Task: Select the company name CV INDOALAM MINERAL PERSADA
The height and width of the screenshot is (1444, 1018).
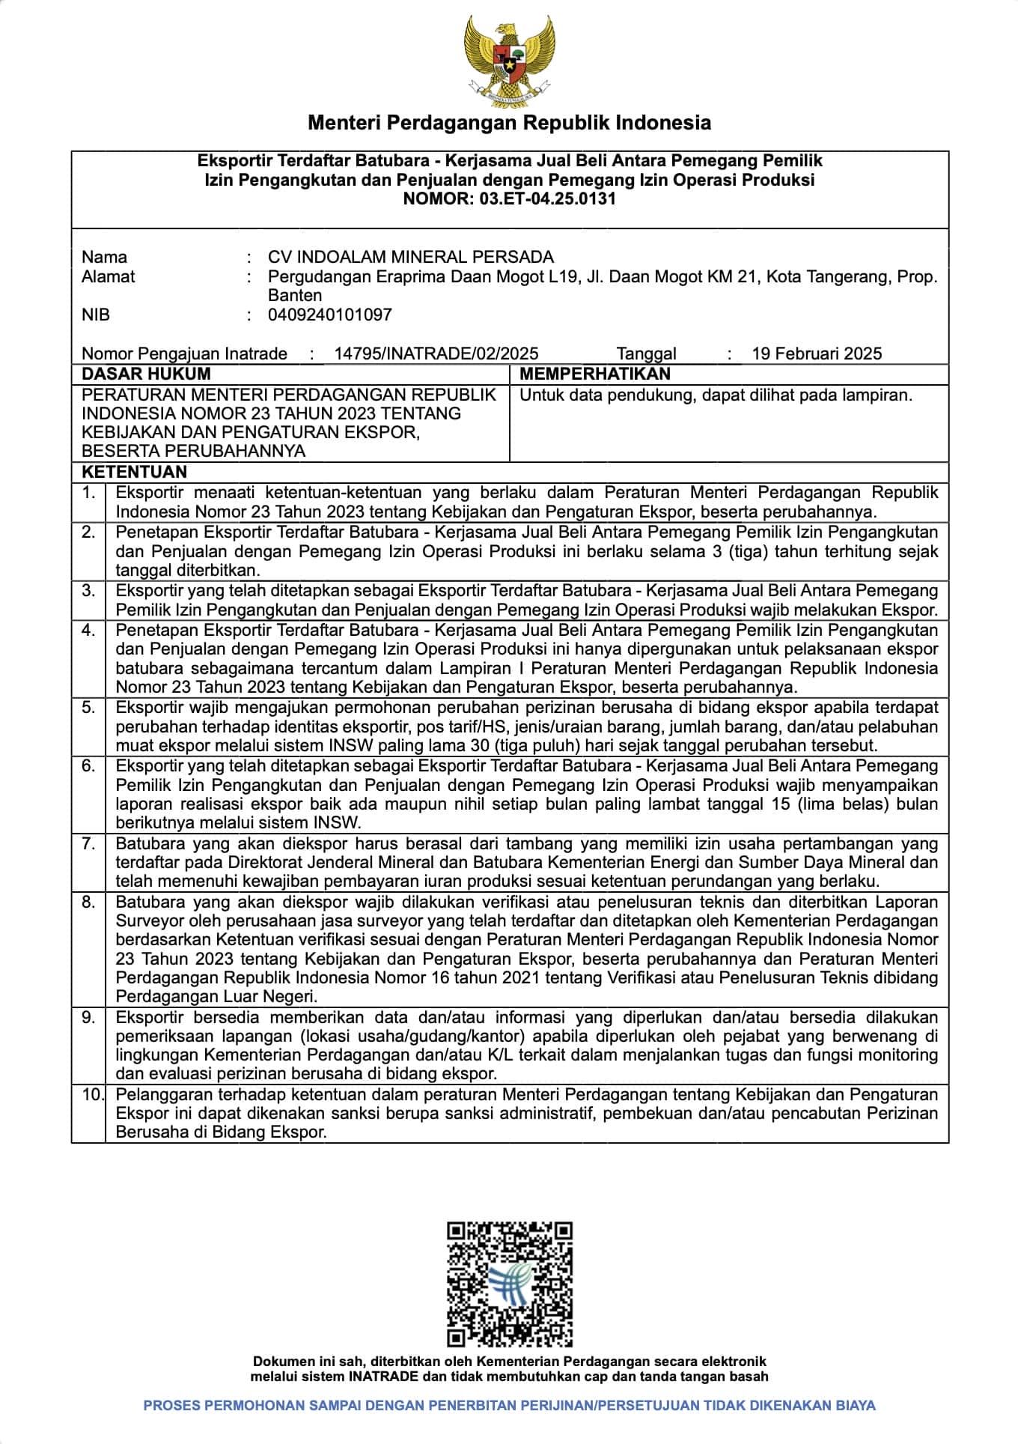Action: click(x=411, y=257)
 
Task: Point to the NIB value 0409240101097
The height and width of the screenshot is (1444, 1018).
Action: click(x=329, y=315)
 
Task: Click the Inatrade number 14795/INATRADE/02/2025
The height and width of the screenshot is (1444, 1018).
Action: click(x=436, y=354)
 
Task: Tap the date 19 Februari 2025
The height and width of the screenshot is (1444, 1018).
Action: click(x=817, y=354)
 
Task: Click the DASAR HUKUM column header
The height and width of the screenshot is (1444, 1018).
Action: click(x=146, y=374)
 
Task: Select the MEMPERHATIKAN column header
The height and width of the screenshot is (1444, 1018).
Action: click(x=594, y=374)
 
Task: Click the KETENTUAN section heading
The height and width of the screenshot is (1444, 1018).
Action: click(x=134, y=472)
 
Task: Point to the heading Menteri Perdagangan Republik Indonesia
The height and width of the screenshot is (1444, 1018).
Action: click(x=509, y=122)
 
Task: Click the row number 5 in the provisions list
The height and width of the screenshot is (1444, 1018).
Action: click(x=89, y=707)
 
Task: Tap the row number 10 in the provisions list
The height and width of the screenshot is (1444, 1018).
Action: click(x=93, y=1094)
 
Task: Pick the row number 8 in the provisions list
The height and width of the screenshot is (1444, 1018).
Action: click(x=89, y=902)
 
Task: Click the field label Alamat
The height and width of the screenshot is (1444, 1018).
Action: click(x=108, y=276)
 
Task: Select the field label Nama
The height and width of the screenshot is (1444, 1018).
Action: click(x=104, y=257)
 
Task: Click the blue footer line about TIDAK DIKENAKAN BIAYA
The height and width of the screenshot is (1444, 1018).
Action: click(x=509, y=1406)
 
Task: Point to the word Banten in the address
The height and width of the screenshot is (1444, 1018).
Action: click(x=295, y=295)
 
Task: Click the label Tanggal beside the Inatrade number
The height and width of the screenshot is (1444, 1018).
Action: click(x=646, y=354)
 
